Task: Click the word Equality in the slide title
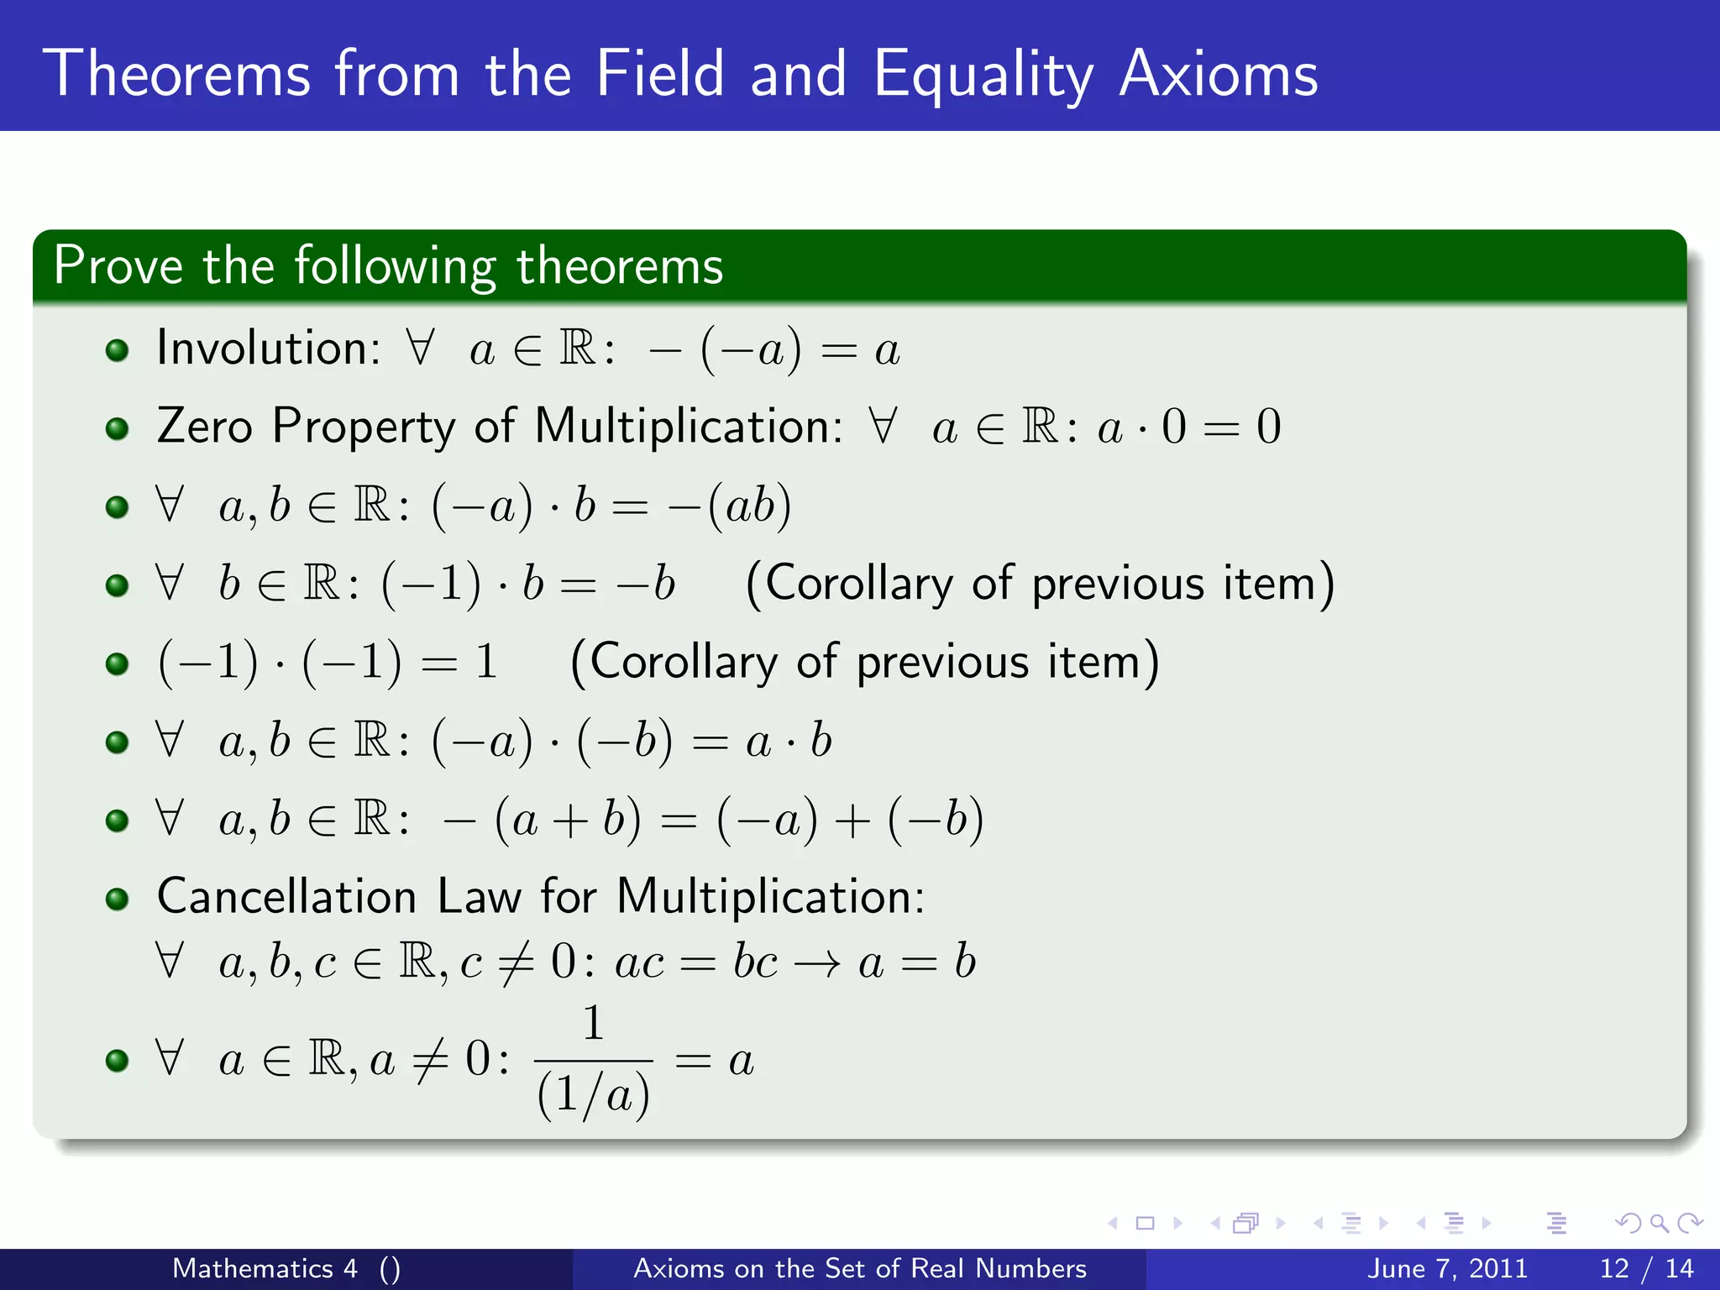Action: pos(983,76)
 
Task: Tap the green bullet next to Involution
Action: pos(118,349)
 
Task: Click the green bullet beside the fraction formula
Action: pos(118,1060)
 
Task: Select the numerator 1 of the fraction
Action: pos(593,1023)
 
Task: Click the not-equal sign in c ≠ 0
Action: pos(516,962)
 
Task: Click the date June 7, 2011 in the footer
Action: pos(1448,1268)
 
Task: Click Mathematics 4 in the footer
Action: pos(265,1268)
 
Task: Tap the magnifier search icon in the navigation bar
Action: pos(1659,1224)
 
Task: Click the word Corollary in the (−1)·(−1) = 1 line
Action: pos(684,662)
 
